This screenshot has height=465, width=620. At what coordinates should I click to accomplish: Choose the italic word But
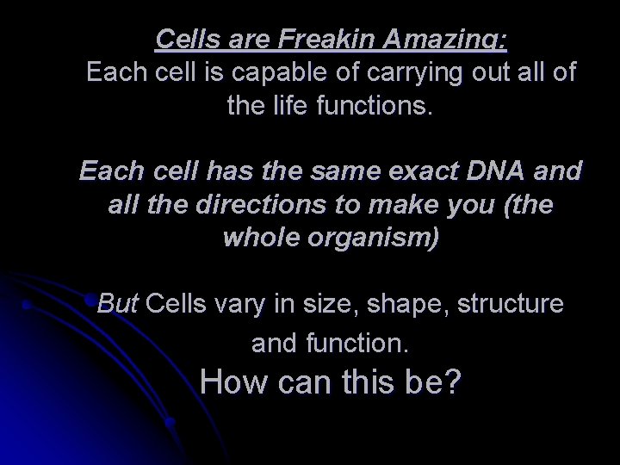pos(119,303)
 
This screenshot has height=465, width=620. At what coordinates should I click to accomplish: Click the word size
pos(324,303)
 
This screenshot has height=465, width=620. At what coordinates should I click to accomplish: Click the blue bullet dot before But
pos(90,302)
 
